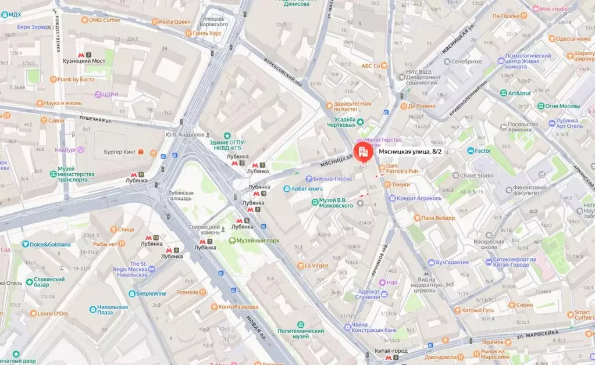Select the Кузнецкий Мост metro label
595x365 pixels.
(x=84, y=60)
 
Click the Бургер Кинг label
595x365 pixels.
(x=121, y=152)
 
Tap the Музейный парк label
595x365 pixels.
(x=258, y=241)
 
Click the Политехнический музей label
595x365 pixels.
(x=308, y=334)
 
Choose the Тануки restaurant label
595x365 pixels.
(x=400, y=184)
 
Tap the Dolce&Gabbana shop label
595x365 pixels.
(x=51, y=245)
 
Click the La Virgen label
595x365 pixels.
(x=316, y=266)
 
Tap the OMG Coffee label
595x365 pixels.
(x=105, y=20)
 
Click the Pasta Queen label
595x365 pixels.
(x=174, y=22)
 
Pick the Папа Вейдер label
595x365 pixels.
(x=438, y=217)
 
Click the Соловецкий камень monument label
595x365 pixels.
(x=204, y=230)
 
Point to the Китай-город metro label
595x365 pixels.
(x=390, y=351)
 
